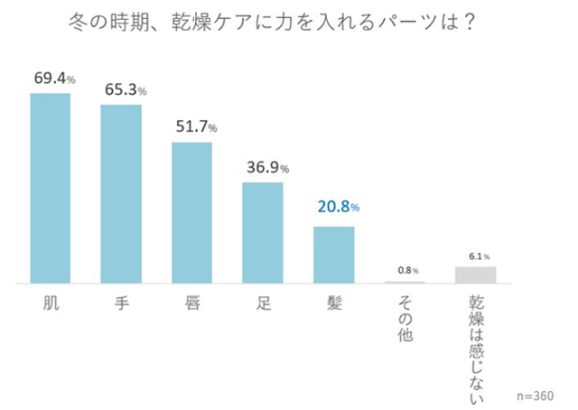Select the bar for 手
click(x=121, y=193)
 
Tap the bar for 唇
click(x=191, y=212)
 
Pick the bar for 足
click(x=263, y=233)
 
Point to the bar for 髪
click(x=333, y=255)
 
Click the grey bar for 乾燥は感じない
click(x=475, y=275)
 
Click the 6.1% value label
click(x=477, y=256)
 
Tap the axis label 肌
click(x=51, y=303)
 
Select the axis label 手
click(x=121, y=303)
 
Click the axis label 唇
click(x=191, y=303)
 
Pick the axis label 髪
click(x=333, y=303)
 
